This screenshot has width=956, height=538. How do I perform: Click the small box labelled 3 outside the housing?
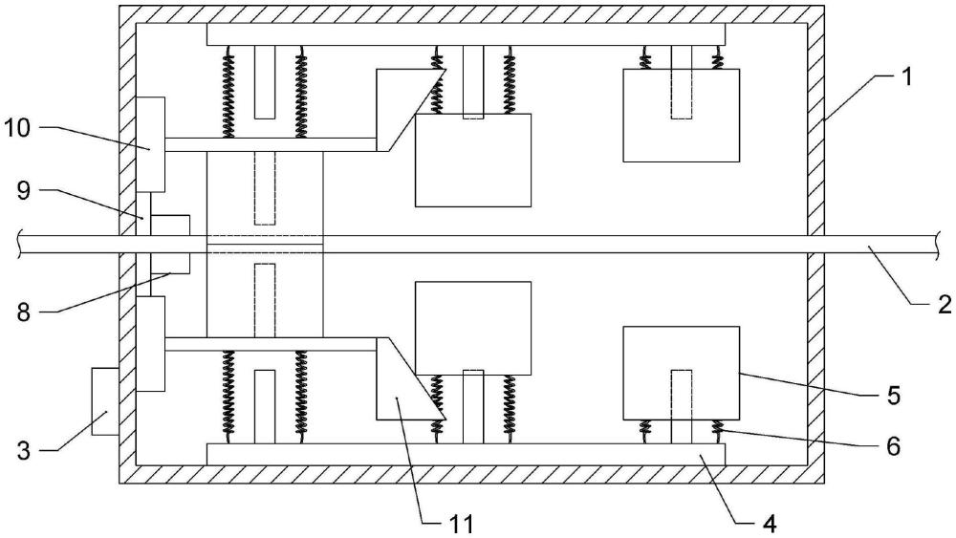[x=104, y=401]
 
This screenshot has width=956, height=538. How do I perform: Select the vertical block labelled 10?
[x=151, y=144]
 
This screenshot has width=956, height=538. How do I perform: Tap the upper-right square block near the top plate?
[x=681, y=115]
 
